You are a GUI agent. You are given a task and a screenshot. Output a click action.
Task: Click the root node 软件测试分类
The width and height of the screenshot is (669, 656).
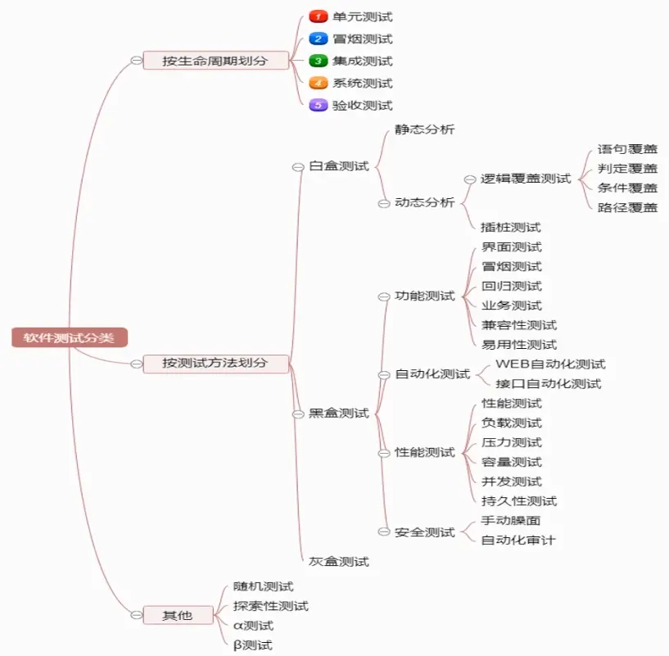coord(70,337)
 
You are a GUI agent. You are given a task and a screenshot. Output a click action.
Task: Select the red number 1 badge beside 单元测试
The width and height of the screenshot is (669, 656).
coord(319,16)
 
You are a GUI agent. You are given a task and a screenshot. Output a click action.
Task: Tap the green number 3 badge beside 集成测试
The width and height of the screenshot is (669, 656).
coord(319,61)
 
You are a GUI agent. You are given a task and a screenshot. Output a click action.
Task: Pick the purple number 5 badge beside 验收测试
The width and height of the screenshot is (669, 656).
coord(319,105)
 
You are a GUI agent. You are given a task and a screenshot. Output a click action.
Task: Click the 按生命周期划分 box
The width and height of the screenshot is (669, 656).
coord(215,61)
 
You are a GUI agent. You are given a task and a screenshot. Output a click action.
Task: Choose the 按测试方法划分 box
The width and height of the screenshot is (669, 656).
coord(215,363)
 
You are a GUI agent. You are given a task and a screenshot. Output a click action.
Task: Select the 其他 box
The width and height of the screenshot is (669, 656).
coord(178,614)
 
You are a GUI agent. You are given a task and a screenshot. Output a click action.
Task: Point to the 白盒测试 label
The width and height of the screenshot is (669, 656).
coord(339,166)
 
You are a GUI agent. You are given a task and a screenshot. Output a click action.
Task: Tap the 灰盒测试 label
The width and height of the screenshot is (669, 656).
coord(339,562)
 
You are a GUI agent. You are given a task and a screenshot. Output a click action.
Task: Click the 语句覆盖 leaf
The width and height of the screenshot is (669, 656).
coord(627,149)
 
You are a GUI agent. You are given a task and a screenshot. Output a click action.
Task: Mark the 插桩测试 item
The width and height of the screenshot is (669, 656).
coord(511,228)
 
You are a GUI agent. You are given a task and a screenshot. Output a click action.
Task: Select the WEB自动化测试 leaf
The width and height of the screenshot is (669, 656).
coord(550,364)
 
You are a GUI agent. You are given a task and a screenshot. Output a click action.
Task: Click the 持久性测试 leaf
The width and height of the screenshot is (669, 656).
coord(519,501)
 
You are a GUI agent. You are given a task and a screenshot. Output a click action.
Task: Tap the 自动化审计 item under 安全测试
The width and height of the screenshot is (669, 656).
coord(519,541)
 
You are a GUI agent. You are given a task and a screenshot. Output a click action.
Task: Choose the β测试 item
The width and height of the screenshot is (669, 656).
coord(252,645)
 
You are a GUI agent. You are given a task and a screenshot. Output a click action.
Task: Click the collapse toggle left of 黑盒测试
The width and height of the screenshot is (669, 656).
coord(298,414)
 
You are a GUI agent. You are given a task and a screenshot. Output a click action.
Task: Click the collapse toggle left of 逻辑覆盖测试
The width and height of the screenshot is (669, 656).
coord(470,179)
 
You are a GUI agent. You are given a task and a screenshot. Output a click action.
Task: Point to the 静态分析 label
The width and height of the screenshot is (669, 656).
coord(424,129)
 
